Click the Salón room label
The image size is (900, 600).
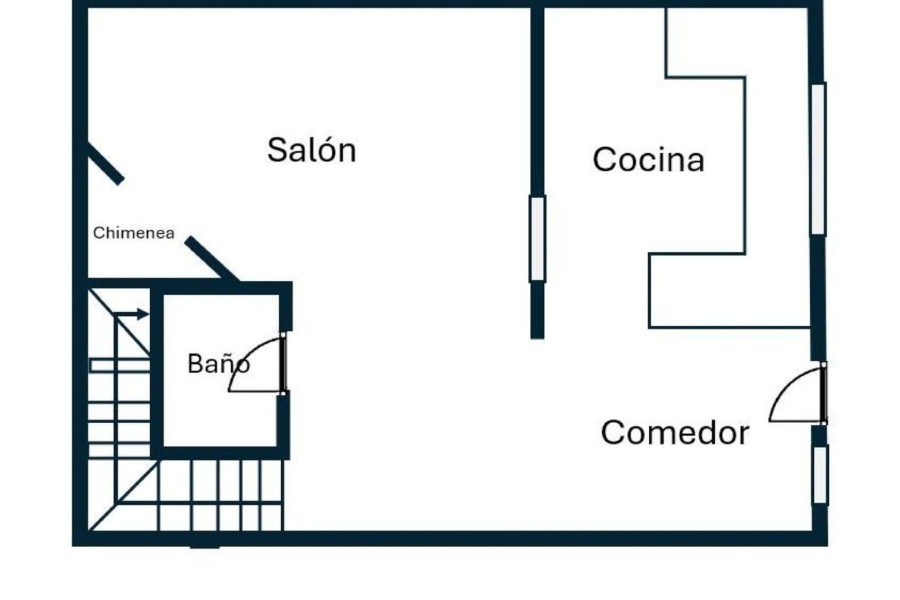tap(312, 150)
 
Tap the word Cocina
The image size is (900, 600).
tap(648, 159)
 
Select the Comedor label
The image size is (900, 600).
tap(675, 432)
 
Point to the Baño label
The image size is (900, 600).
tap(218, 363)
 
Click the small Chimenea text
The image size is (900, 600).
tap(134, 233)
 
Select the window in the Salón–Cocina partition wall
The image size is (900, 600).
tap(537, 239)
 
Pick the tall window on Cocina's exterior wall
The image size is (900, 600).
tap(818, 159)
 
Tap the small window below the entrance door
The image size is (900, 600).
tap(820, 474)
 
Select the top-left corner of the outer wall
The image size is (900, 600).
tap(80, 4)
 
